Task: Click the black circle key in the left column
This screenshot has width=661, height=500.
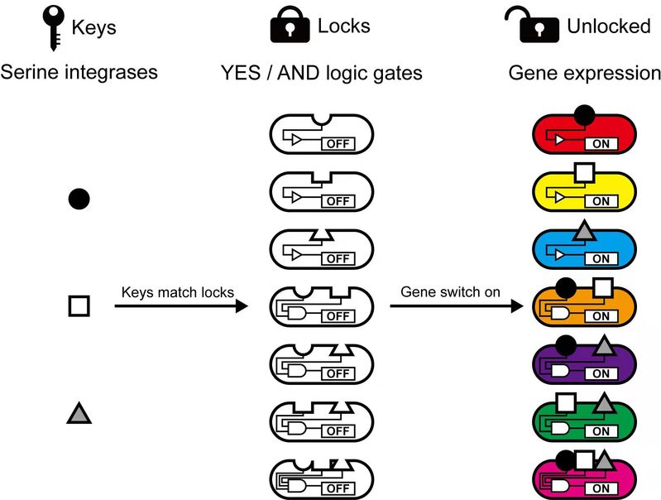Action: pyautogui.click(x=79, y=199)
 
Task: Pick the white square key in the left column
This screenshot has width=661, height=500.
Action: pyautogui.click(x=79, y=306)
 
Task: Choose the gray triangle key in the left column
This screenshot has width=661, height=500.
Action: pyautogui.click(x=79, y=412)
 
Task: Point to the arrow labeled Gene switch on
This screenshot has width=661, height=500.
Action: pyautogui.click(x=457, y=306)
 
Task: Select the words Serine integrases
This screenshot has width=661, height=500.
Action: pyautogui.click(x=79, y=73)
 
